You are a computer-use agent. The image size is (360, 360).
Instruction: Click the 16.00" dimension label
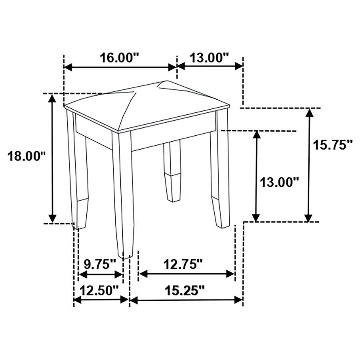[x=119, y=58]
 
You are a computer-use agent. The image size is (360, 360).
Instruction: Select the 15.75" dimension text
[x=333, y=145]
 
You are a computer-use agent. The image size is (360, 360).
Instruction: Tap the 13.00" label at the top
[x=209, y=58]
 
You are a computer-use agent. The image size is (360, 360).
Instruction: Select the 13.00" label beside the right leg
[x=280, y=183]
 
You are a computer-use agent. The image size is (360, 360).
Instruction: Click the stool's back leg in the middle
[x=172, y=172]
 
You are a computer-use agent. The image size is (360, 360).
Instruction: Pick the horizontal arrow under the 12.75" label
[x=186, y=274]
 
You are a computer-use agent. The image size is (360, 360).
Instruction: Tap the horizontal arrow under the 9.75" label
[x=100, y=274]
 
